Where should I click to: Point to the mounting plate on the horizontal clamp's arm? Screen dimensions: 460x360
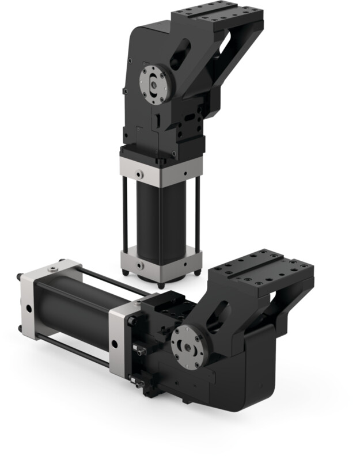pyautogui.click(x=262, y=268)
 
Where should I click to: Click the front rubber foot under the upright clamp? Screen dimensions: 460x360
pyautogui.click(x=161, y=284)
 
